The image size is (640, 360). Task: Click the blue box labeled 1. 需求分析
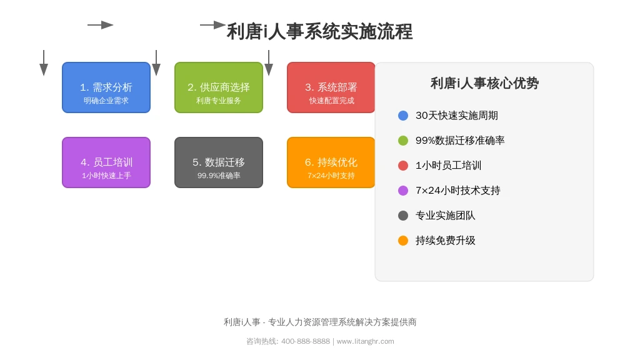[106, 87]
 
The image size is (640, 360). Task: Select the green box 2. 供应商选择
[219, 87]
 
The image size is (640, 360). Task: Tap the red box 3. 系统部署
[331, 87]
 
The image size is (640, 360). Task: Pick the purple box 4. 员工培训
[106, 162]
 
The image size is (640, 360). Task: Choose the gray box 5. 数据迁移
[219, 162]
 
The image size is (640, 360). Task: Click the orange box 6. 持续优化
[331, 162]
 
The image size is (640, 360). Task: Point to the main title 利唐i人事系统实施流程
[319, 31]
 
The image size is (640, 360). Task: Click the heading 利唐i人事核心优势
[484, 83]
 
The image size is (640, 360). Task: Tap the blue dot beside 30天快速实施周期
[403, 116]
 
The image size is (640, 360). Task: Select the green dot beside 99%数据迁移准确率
[403, 141]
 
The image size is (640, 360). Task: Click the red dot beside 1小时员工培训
[403, 165]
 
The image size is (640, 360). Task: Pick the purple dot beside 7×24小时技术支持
[403, 191]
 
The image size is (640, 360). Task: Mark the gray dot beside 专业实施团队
[403, 216]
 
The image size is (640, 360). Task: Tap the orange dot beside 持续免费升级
[403, 241]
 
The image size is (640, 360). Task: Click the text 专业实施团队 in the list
[445, 216]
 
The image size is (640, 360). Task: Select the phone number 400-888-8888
[305, 341]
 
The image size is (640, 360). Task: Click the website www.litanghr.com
[365, 341]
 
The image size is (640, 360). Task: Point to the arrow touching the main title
[212, 25]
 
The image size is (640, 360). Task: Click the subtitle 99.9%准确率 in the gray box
[219, 176]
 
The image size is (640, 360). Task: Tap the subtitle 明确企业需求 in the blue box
[106, 101]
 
